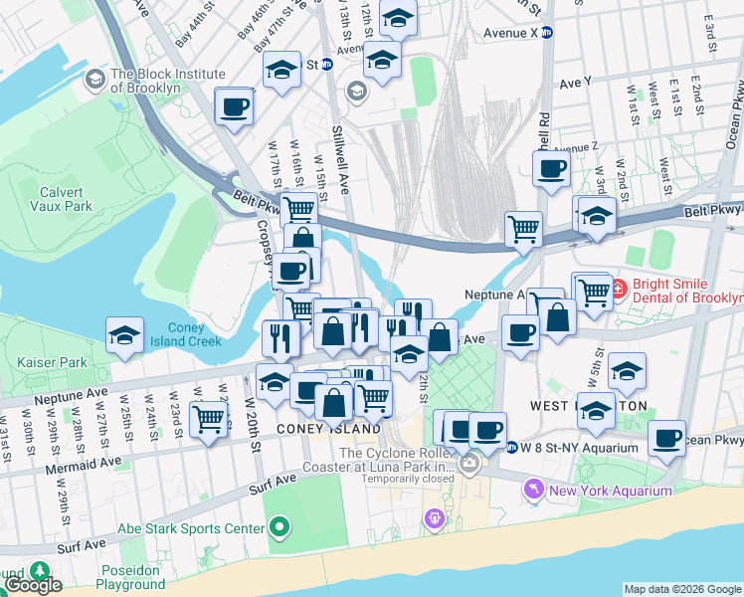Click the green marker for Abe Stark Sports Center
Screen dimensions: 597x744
point(279,528)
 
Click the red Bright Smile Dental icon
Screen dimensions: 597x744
point(617,290)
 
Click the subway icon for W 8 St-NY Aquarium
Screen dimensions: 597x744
point(511,447)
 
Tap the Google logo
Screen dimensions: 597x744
point(34,585)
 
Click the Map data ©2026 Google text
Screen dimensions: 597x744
point(682,589)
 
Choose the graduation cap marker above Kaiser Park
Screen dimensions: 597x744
point(125,335)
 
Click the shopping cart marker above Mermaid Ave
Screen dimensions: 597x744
point(208,418)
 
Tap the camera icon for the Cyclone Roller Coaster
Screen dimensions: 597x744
point(467,464)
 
